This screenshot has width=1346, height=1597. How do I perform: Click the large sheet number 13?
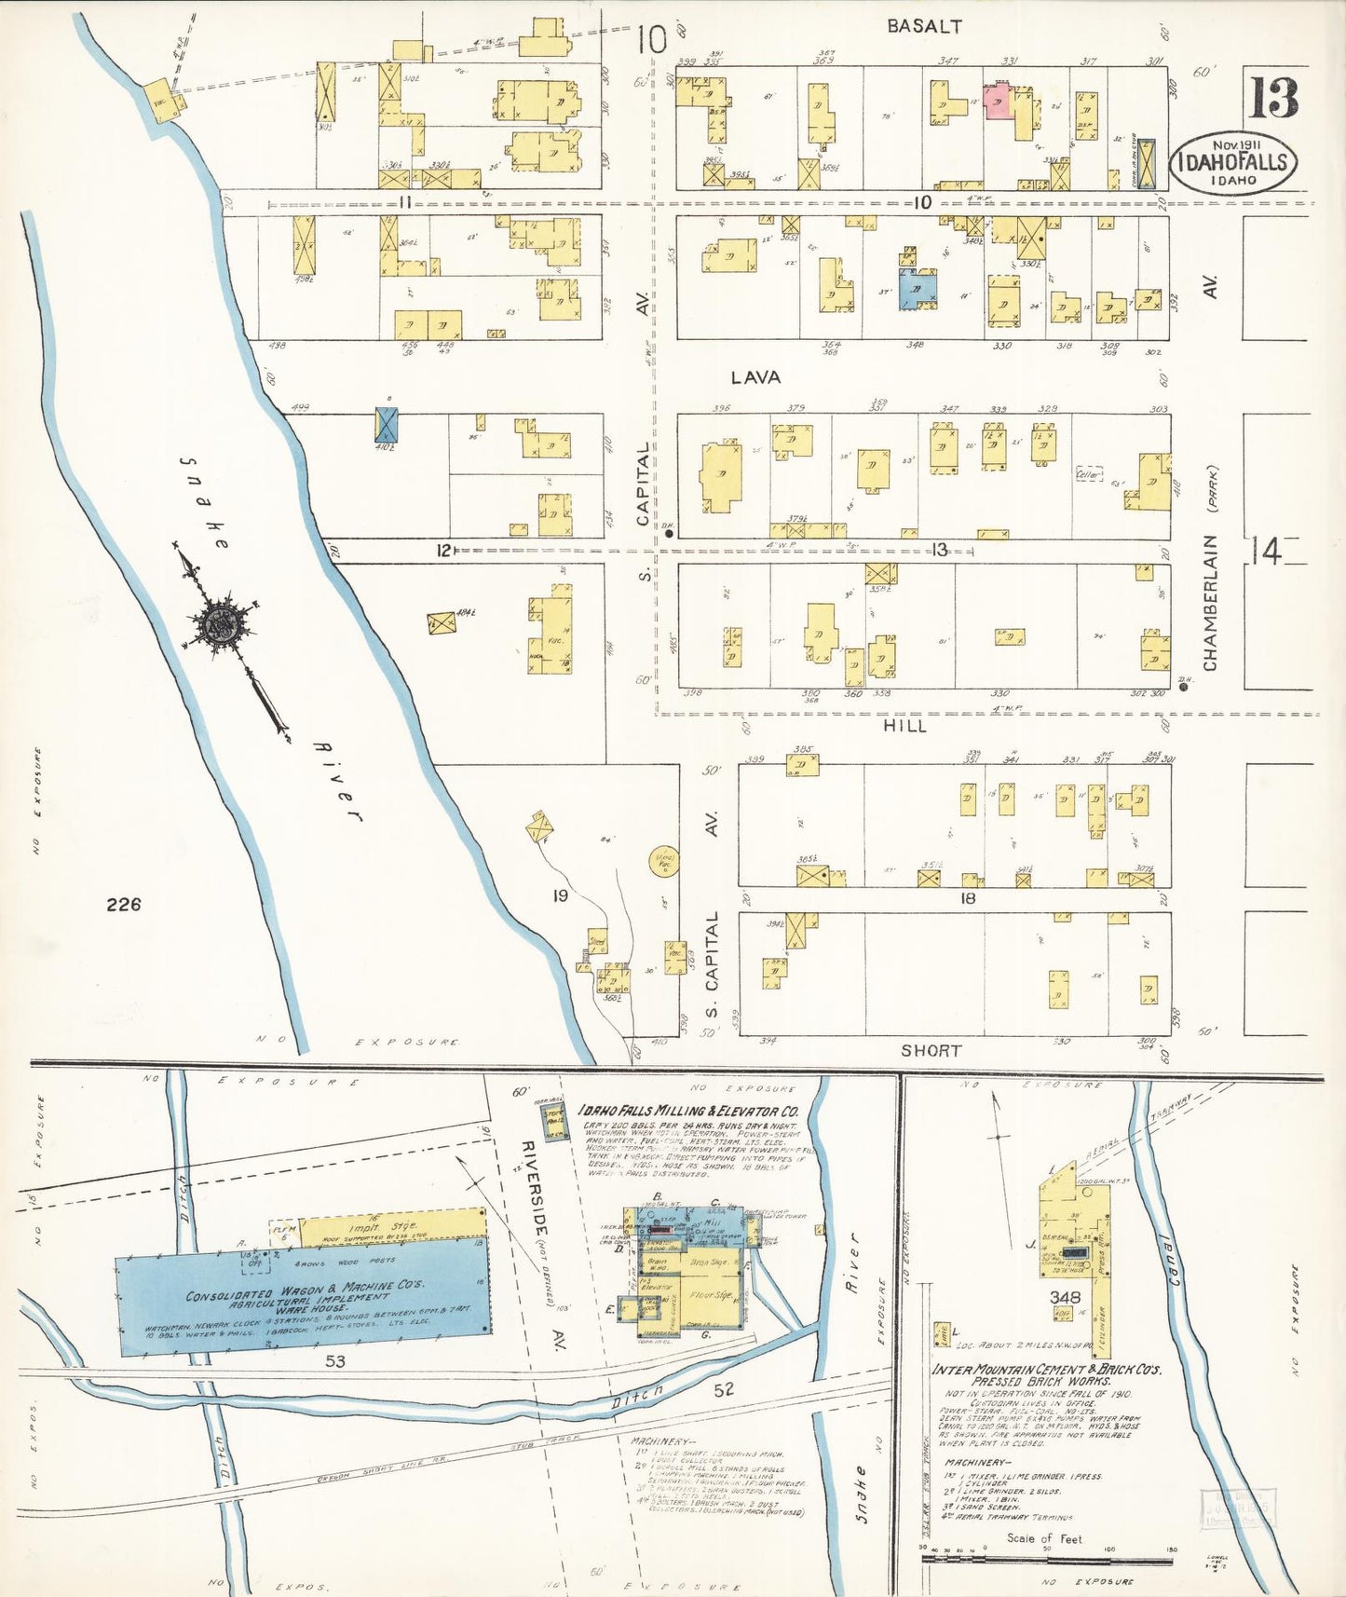[x=1273, y=97]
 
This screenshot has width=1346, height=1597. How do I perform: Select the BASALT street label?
[x=924, y=27]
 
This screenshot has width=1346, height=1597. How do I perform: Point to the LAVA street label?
[x=755, y=377]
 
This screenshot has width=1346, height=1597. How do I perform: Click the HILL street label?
[x=904, y=725]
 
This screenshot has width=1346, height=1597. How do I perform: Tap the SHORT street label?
[x=931, y=1050]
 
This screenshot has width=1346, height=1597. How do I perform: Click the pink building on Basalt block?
[x=999, y=98]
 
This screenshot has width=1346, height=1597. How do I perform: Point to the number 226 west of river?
[x=123, y=904]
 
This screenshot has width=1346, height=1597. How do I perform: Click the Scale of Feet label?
[x=1044, y=1538]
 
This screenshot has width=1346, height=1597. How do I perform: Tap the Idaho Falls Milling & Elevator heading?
[x=688, y=1112]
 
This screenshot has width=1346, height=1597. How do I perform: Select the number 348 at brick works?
[x=1065, y=1297]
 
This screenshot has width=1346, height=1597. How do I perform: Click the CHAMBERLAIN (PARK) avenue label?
[x=1210, y=568]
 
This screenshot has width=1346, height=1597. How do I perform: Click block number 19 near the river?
[x=560, y=895]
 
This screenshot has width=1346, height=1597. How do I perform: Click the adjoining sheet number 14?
[x=1265, y=552]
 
